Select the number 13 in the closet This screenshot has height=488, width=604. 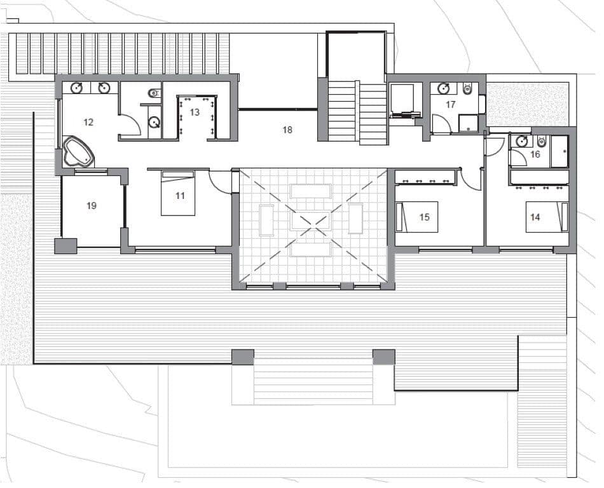click(195, 112)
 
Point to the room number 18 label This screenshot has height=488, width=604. click(287, 130)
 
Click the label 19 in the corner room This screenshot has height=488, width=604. click(92, 206)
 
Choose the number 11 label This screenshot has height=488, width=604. click(180, 196)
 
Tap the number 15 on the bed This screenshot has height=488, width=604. click(425, 217)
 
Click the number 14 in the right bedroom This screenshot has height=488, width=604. click(535, 217)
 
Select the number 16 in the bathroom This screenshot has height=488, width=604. click(535, 154)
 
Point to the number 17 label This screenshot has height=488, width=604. click(450, 105)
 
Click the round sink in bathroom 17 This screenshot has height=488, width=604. click(443, 88)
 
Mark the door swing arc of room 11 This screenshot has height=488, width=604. click(221, 183)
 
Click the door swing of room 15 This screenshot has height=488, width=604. click(471, 180)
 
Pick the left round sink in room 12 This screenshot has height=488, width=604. click(76, 88)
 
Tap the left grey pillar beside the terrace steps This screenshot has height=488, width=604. click(242, 356)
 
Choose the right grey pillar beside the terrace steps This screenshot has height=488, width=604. click(383, 356)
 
